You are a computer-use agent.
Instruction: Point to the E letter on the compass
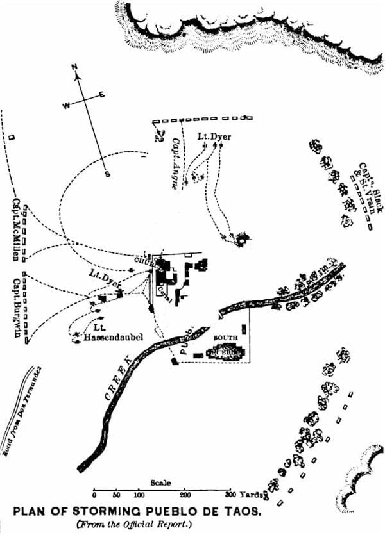[x=101, y=95]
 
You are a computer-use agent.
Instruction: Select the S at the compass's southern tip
[x=108, y=173]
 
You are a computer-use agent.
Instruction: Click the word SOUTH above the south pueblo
[x=223, y=338]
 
